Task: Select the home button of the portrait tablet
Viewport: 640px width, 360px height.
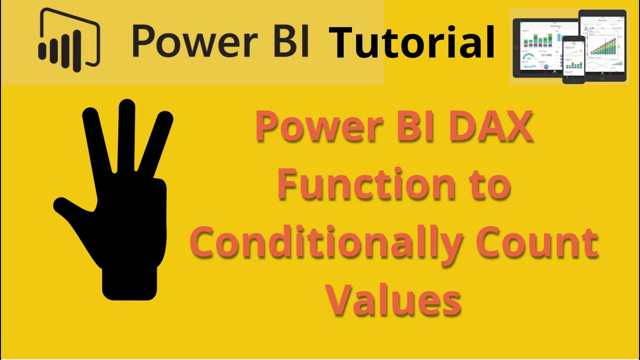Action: [602, 78]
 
